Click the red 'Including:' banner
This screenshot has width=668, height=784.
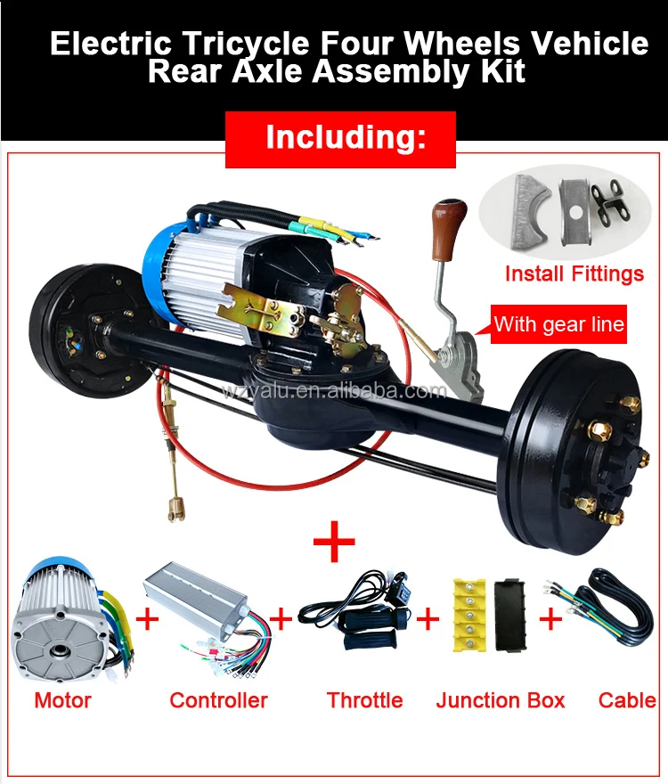pos(340,139)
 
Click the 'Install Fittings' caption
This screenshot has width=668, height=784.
pos(574,274)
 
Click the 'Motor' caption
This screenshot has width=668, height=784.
pos(62,700)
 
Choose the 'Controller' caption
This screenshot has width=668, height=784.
pos(218,700)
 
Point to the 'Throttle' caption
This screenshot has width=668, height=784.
pos(364,700)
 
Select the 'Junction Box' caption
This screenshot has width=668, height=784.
pos(501,700)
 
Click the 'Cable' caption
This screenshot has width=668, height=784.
pos(627,700)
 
